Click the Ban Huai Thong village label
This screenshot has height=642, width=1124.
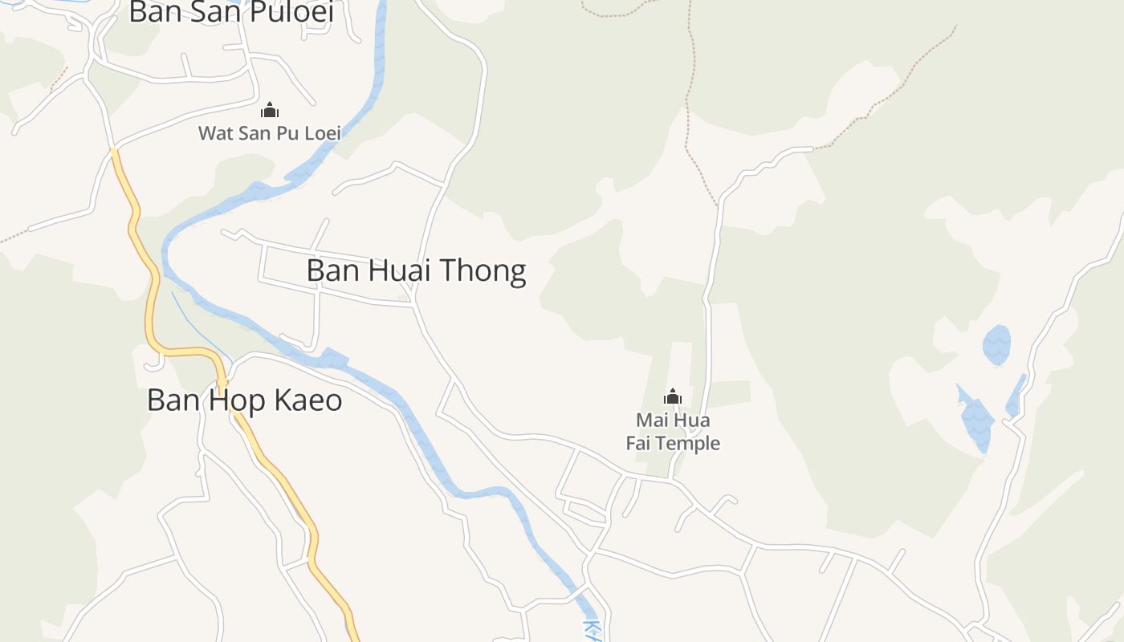(416, 271)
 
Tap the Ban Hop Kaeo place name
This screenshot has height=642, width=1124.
(244, 400)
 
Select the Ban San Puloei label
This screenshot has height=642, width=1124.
(231, 12)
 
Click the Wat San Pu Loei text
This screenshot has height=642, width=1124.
(270, 133)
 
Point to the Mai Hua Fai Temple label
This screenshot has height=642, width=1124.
(673, 432)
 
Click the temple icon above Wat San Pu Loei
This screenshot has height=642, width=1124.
(270, 110)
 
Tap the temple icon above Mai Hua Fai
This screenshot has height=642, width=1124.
(673, 396)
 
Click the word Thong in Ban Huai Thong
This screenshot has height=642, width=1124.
(489, 271)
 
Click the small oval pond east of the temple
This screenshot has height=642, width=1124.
(996, 345)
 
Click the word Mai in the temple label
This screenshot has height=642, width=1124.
(651, 421)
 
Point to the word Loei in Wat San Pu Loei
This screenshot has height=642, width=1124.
(321, 133)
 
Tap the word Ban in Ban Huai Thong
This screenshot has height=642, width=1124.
(333, 271)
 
